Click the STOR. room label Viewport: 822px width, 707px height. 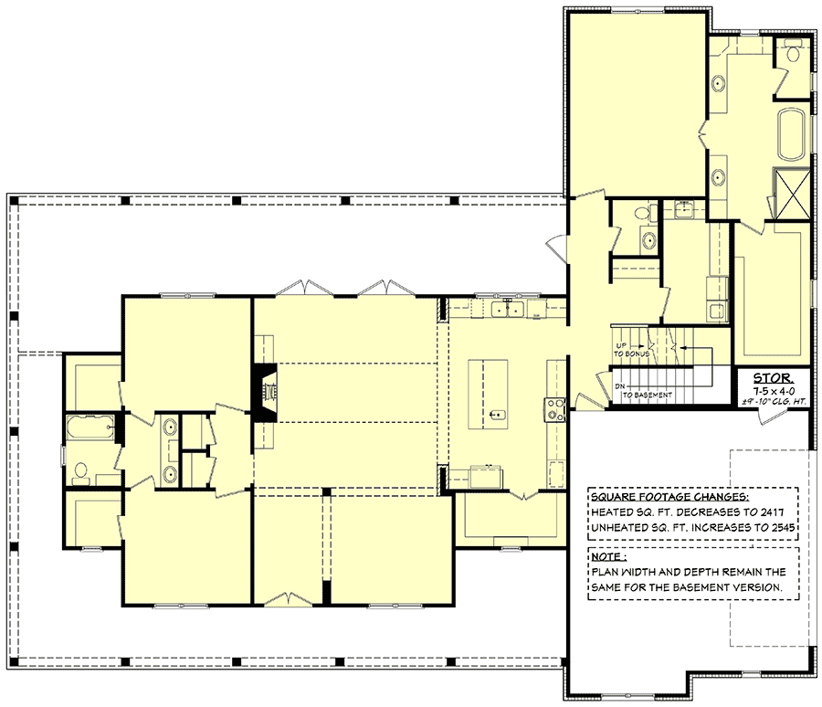[773, 376]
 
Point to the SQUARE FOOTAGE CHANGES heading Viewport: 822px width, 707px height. [669, 498]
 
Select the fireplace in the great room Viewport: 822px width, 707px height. [265, 393]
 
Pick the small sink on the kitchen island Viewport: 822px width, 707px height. [496, 415]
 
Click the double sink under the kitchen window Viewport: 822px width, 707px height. [504, 311]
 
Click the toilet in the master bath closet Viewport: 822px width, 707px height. [791, 53]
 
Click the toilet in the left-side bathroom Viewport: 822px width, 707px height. [81, 471]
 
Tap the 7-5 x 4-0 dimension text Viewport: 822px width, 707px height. [772, 389]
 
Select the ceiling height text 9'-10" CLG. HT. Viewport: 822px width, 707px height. [772, 402]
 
